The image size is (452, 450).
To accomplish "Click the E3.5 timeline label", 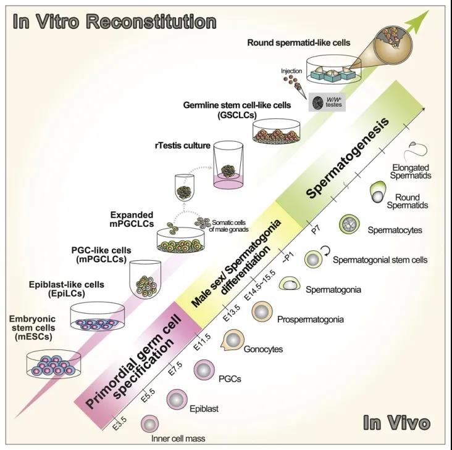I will click(x=121, y=425).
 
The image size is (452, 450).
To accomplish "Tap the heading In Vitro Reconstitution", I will click(x=115, y=22).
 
